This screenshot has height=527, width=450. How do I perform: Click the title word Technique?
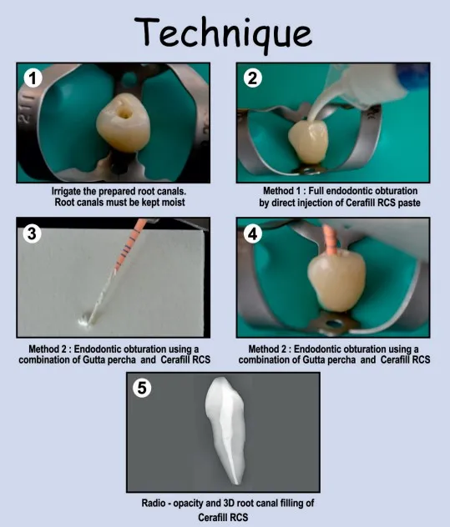224,33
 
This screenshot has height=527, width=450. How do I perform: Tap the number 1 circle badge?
33,78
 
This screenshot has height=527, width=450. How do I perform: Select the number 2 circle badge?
252,78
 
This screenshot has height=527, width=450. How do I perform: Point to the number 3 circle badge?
32,233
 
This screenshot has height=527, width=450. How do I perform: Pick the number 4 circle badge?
252,233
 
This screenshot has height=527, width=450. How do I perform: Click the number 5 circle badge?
142,388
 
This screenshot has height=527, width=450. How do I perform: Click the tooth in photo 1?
123,123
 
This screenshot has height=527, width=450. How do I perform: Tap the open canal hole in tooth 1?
124,114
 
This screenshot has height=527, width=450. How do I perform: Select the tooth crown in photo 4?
336,280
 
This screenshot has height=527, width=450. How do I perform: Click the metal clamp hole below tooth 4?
334,324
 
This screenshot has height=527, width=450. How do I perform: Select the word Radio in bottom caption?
154,503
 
